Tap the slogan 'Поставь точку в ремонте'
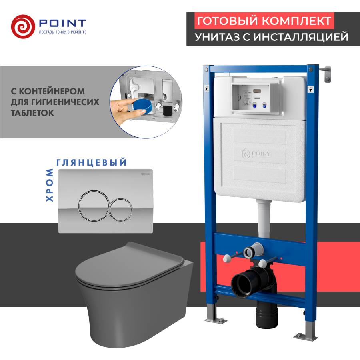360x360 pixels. click(62, 32)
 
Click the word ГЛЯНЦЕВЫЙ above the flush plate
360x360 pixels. click(92, 162)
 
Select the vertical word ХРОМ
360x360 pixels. click(49, 184)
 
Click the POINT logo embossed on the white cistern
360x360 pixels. click(256, 154)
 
